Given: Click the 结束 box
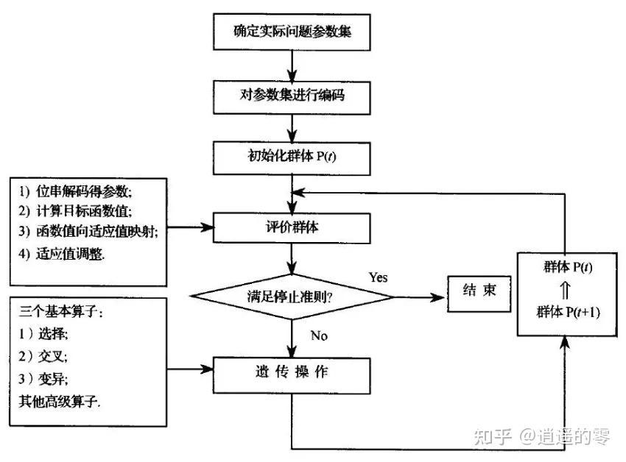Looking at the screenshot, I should (x=478, y=291).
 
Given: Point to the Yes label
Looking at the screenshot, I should (x=377, y=277).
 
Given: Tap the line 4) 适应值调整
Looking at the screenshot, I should (x=62, y=254).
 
